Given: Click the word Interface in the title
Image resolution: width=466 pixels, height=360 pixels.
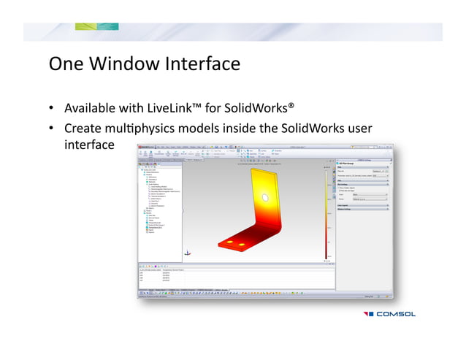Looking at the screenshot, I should pyautogui.click(x=204, y=64).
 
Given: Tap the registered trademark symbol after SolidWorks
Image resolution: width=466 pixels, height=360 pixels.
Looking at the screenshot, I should pyautogui.click(x=291, y=106).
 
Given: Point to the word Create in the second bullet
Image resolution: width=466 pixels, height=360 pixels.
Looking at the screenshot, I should pyautogui.click(x=83, y=129).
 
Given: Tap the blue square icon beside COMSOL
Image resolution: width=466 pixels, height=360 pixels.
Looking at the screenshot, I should pyautogui.click(x=369, y=314).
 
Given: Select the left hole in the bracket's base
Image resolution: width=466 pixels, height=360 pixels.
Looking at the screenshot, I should pyautogui.click(x=230, y=242).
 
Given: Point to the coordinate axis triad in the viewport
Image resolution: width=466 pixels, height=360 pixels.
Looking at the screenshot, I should pyautogui.click(x=188, y=253).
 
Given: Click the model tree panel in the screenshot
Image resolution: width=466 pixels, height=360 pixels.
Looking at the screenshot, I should pyautogui.click(x=159, y=212).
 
